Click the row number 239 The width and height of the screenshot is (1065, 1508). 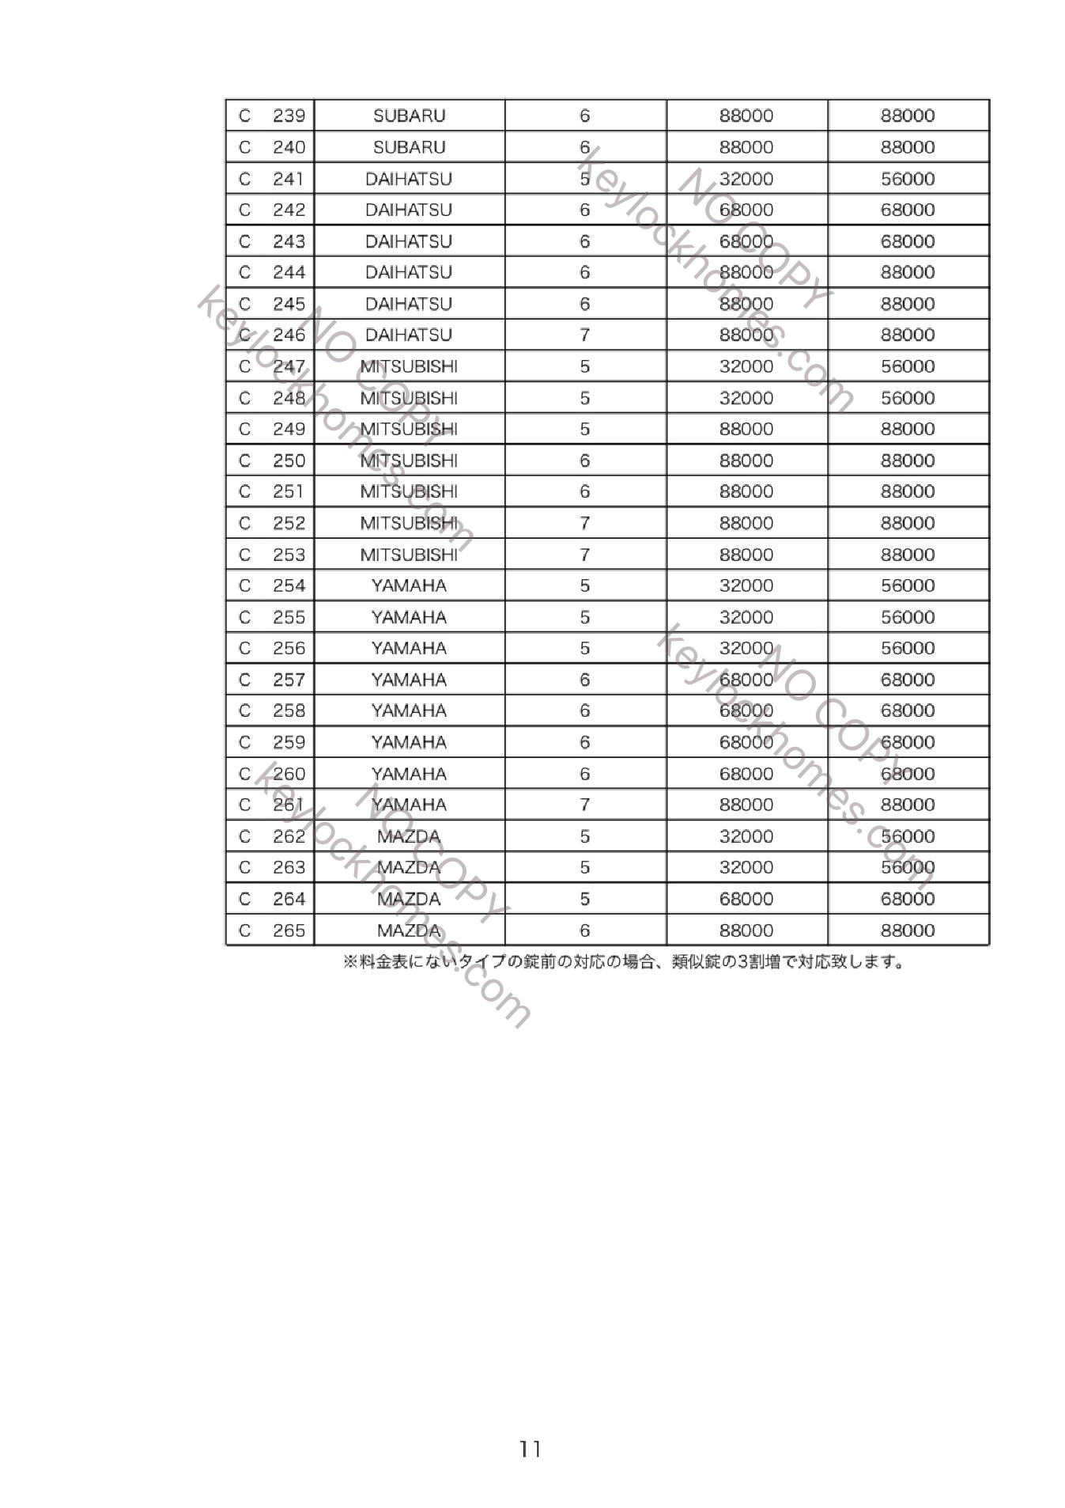pos(289,116)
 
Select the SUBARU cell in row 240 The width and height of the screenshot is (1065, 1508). pos(409,147)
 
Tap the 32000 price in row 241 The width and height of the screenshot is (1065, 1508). pos(746,179)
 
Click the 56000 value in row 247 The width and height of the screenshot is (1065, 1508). pos(908,366)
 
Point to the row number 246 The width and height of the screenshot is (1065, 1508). pos(289,335)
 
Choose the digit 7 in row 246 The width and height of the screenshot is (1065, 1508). pos(584,335)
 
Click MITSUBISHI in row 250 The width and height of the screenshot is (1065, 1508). pos(409,460)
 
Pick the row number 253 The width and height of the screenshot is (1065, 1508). pos(289,555)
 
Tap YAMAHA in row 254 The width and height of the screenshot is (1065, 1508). pos(409,585)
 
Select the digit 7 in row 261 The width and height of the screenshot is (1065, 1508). pos(584,805)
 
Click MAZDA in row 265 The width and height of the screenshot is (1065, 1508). pos(409,930)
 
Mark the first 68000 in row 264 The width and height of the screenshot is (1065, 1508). pos(746,899)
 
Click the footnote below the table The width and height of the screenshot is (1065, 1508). pos(623,963)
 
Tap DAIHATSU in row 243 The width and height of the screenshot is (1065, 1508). pos(409,241)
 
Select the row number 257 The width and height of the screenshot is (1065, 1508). pos(289,680)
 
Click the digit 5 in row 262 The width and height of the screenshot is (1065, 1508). pos(584,836)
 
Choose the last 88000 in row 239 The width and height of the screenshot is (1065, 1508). pos(908,116)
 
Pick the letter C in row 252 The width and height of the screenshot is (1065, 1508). pos(244,523)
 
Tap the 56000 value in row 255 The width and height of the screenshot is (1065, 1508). pos(908,617)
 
